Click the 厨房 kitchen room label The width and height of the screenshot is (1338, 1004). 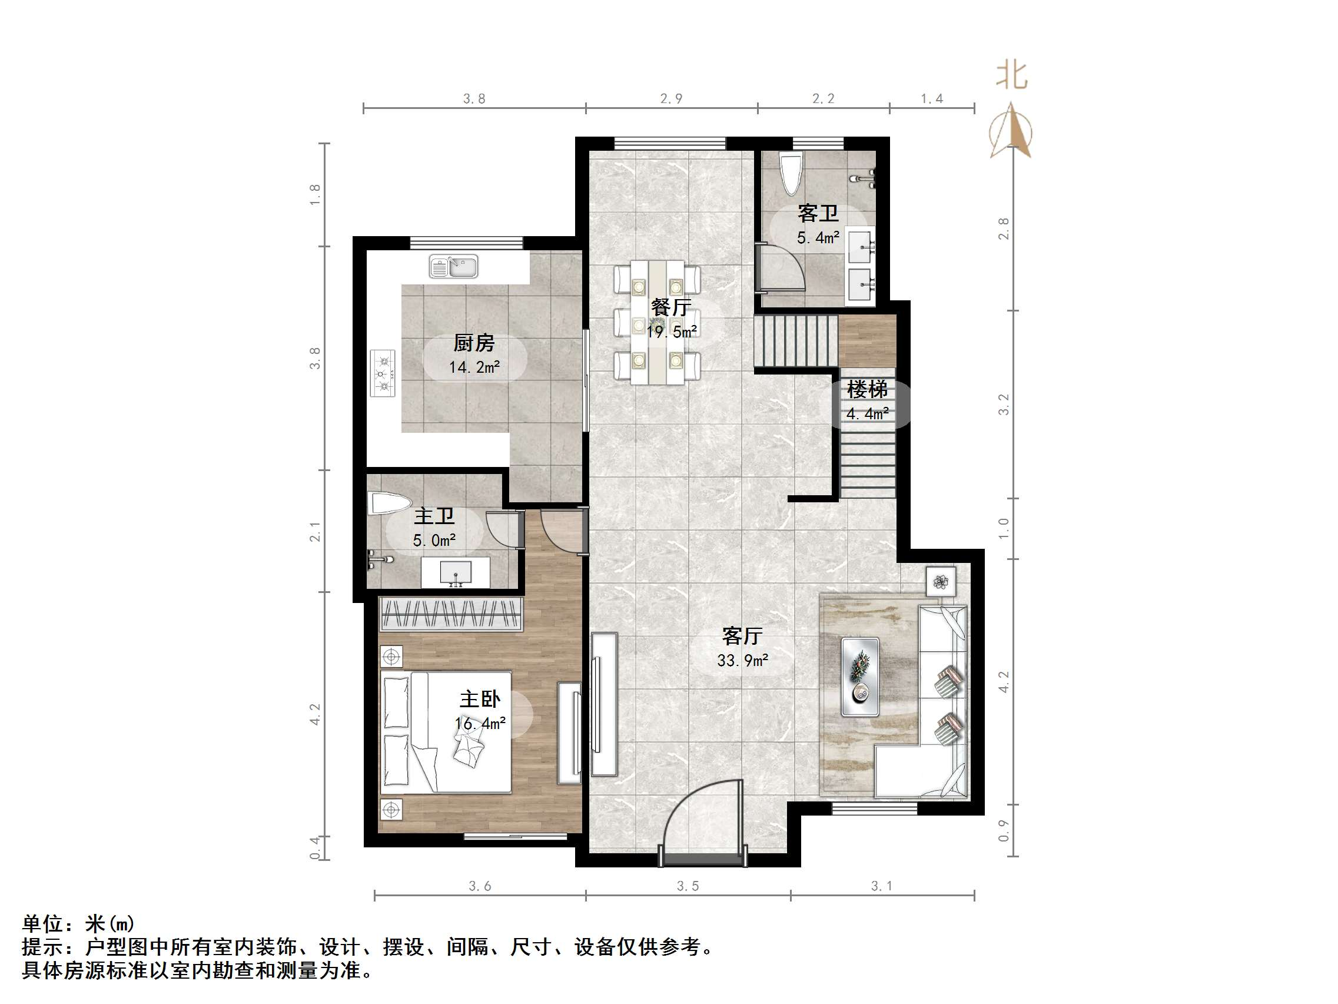(x=474, y=343)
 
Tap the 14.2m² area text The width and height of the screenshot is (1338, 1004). (x=474, y=367)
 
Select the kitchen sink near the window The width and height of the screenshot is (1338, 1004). (x=454, y=266)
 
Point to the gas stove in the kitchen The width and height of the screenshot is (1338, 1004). (x=382, y=373)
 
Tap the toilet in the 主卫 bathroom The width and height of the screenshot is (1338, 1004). (x=389, y=503)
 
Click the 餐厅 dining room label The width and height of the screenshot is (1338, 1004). (x=670, y=307)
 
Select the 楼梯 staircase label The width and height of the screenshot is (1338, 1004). (x=867, y=389)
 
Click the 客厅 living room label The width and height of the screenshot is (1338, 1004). (x=742, y=636)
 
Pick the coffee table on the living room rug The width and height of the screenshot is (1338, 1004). (x=860, y=677)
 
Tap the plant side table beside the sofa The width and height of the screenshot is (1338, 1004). (x=941, y=582)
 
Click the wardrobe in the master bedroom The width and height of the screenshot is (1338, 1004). (x=450, y=614)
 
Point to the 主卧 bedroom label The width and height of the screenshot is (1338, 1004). (x=480, y=700)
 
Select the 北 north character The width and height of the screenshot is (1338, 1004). (x=1011, y=75)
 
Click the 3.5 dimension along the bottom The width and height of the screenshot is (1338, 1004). (x=687, y=887)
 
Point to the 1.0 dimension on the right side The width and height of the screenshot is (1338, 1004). (x=1004, y=528)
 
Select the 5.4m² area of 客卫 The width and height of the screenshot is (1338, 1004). (x=817, y=238)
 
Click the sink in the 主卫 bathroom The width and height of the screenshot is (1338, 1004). (x=455, y=572)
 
